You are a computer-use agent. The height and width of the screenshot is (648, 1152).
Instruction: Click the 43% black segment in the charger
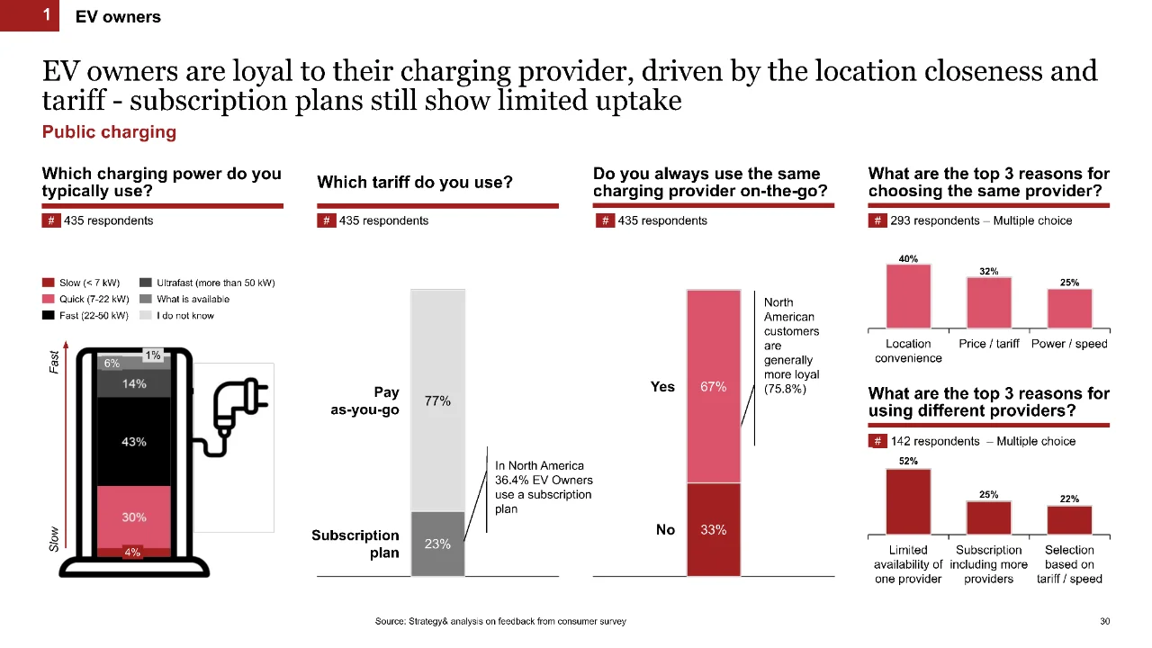tap(134, 441)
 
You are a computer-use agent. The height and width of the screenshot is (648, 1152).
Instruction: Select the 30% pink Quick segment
tap(134, 517)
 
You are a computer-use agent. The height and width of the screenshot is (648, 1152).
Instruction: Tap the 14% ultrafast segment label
tap(134, 383)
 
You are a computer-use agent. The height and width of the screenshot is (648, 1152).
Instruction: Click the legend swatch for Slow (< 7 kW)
tap(48, 283)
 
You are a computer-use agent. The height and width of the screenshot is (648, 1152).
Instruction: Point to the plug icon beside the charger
tap(240, 406)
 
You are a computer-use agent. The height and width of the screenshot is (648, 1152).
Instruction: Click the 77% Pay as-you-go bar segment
tap(437, 400)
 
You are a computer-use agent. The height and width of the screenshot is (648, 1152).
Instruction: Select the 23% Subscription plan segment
tap(437, 544)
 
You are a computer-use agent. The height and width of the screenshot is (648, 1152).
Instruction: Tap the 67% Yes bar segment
tap(714, 386)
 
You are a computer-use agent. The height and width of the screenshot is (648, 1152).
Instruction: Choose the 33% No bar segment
tap(714, 529)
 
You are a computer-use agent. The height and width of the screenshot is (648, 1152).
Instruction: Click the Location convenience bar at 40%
tap(908, 296)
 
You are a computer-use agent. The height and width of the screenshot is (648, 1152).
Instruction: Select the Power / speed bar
tap(1069, 309)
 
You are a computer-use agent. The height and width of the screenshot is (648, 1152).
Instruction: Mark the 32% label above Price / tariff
tap(988, 271)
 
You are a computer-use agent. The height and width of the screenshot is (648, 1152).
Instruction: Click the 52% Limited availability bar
tap(908, 501)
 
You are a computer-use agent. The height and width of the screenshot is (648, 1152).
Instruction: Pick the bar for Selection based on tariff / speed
tap(1069, 520)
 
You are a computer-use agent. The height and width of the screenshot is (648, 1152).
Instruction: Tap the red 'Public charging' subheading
tap(109, 132)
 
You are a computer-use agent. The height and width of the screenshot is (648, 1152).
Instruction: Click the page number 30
tap(1104, 621)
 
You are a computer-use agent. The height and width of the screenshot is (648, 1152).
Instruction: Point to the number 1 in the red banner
tap(46, 15)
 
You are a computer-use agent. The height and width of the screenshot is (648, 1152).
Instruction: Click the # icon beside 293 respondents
tap(877, 220)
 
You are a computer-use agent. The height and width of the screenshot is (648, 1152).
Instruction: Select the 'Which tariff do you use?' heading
tap(415, 182)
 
